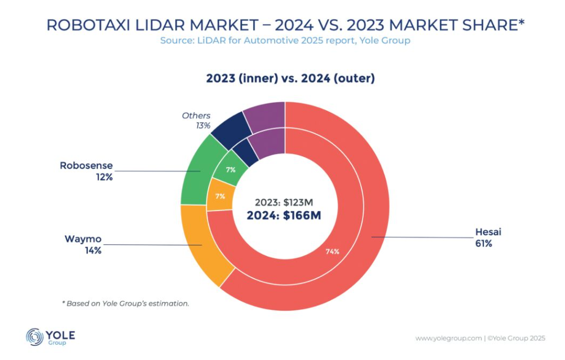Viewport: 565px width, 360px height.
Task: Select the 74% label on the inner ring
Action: click(x=332, y=251)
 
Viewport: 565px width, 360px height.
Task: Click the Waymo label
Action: click(x=83, y=239)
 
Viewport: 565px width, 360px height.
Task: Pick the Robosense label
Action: click(x=86, y=166)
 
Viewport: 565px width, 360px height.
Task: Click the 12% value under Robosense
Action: click(x=104, y=177)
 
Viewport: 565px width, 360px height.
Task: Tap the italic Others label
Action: click(x=196, y=116)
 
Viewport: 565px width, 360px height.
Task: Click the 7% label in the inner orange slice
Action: click(x=220, y=196)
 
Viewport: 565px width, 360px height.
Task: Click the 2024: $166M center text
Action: click(x=284, y=216)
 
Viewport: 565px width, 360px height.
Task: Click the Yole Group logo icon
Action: click(x=35, y=337)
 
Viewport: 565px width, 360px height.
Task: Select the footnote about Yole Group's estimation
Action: click(x=125, y=303)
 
